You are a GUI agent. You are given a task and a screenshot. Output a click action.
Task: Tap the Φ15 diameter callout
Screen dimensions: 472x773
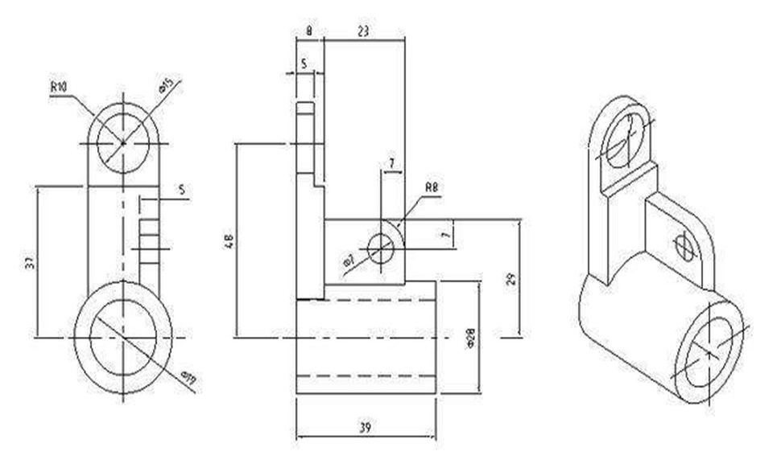coord(171,86)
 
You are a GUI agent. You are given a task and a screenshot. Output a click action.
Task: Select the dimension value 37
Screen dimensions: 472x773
coord(30,262)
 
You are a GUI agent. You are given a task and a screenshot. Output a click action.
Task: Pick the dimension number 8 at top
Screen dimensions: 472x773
coord(310,31)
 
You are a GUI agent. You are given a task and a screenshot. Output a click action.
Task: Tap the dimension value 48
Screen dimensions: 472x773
coord(228,240)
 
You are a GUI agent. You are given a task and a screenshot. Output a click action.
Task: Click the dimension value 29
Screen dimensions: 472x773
coord(511,278)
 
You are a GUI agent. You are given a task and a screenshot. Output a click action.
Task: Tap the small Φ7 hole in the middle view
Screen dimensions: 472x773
coord(380,249)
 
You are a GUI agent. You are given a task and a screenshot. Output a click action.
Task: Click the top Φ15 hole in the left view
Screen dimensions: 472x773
coord(123,142)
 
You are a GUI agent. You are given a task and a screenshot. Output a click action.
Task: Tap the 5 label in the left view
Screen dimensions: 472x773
coord(181,190)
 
